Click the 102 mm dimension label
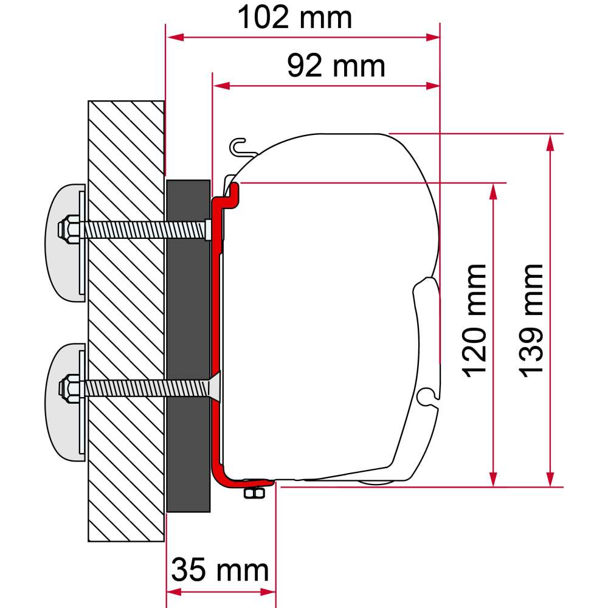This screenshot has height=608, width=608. coord(294,18)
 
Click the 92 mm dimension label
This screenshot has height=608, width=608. coord(336,66)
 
